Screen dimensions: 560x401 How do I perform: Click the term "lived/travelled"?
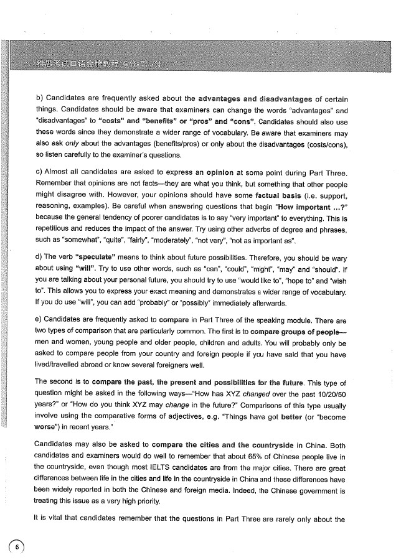click(x=61, y=366)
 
